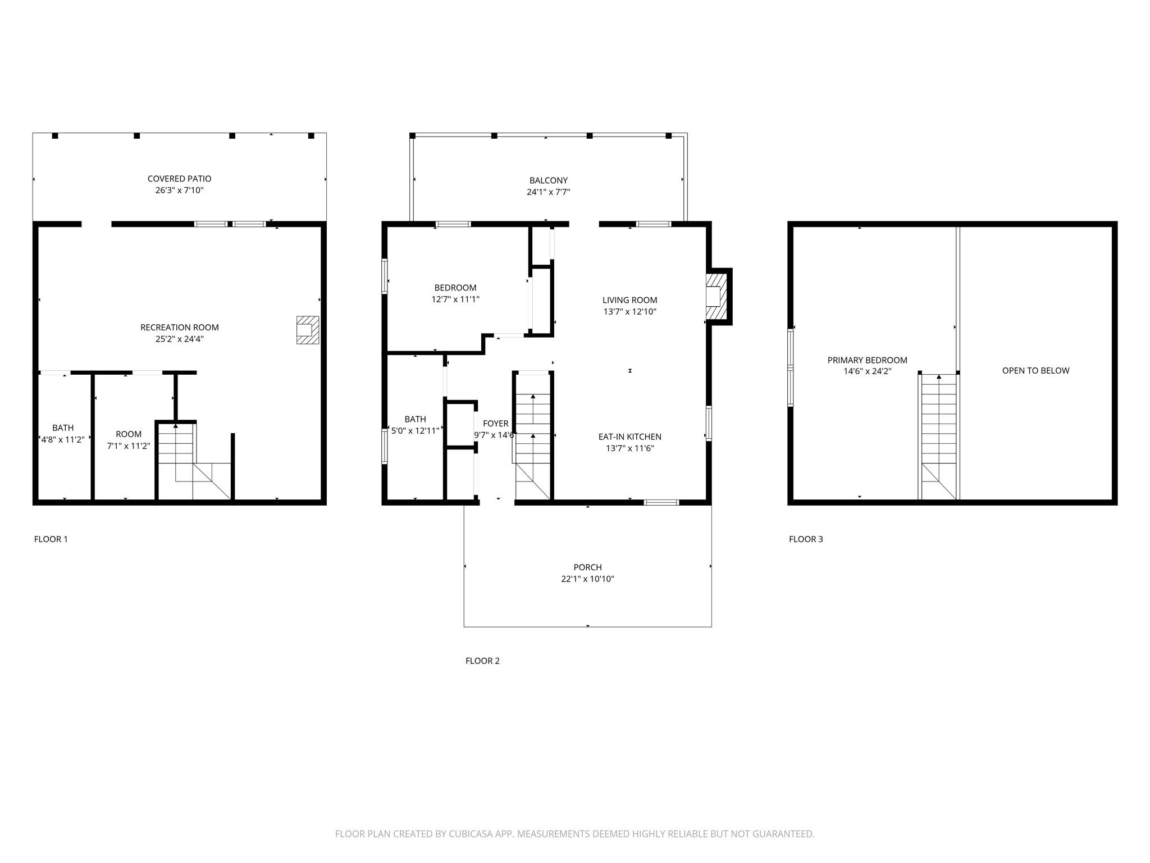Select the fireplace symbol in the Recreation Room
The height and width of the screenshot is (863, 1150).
[308, 330]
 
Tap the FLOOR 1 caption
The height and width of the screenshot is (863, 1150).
[51, 539]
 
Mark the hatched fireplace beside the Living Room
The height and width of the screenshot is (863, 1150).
[716, 297]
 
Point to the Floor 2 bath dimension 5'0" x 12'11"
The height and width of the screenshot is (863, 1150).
[416, 431]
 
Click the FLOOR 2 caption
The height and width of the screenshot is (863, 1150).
[482, 661]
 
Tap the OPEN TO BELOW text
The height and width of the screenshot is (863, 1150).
[1036, 371]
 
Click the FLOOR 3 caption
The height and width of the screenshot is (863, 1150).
[806, 539]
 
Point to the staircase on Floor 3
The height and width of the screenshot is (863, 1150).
[938, 437]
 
